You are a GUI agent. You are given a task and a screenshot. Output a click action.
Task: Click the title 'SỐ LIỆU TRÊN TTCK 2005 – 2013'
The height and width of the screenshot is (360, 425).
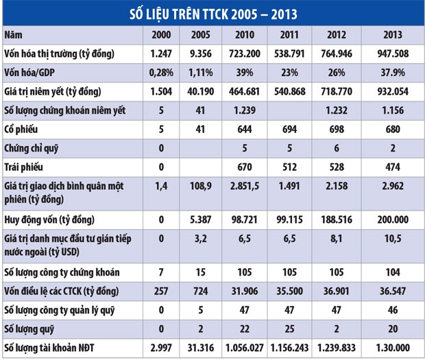tap(212, 13)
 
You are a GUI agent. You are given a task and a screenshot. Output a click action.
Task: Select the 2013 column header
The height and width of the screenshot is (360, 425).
tap(395, 34)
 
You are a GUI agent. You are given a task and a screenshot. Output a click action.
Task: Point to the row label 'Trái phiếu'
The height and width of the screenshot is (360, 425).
tap(25, 165)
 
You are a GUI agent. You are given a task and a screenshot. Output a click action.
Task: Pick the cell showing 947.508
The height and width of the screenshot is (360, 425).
tap(395, 53)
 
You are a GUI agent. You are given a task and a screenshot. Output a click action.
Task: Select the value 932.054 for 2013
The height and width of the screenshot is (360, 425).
tap(395, 91)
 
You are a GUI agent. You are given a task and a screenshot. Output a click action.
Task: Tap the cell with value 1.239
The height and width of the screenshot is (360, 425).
tap(243, 110)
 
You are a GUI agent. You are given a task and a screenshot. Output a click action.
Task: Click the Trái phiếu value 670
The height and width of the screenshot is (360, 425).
tap(243, 165)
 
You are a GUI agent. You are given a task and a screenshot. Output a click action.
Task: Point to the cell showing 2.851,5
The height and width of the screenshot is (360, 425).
tap(243, 189)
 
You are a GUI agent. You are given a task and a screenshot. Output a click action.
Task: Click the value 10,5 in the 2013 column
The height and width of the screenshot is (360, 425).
tap(395, 243)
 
